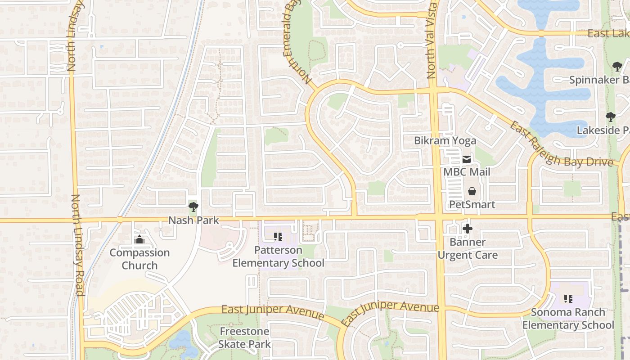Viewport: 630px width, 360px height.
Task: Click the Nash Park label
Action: pos(193,220)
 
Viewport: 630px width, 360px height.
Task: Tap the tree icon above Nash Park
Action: pos(193,207)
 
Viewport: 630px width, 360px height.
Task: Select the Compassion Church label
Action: pos(139,259)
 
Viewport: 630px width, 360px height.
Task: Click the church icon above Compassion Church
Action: pos(139,239)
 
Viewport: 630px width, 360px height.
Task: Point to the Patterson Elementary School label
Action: pos(278,256)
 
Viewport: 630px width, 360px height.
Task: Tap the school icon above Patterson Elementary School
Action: pos(278,236)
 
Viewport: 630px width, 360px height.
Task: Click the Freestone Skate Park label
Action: pos(244,338)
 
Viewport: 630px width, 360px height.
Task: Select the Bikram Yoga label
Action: pos(445,141)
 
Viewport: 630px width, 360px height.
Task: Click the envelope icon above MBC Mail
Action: pos(467,159)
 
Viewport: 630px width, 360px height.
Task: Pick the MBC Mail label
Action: pos(467,172)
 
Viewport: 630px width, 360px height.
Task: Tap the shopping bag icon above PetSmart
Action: pos(472,192)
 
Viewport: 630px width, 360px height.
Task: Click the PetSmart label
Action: pos(472,205)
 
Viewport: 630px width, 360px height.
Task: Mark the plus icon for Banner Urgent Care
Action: pos(468,229)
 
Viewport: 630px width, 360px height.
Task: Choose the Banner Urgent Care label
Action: pos(468,248)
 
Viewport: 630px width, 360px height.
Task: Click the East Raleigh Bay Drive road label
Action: pos(561,144)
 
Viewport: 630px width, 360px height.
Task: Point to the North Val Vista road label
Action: pos(432,40)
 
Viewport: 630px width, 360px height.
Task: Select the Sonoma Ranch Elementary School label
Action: pos(568,319)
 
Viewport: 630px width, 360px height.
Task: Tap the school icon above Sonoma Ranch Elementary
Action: pos(568,298)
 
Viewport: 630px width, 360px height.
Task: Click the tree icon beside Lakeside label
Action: pos(611,117)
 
